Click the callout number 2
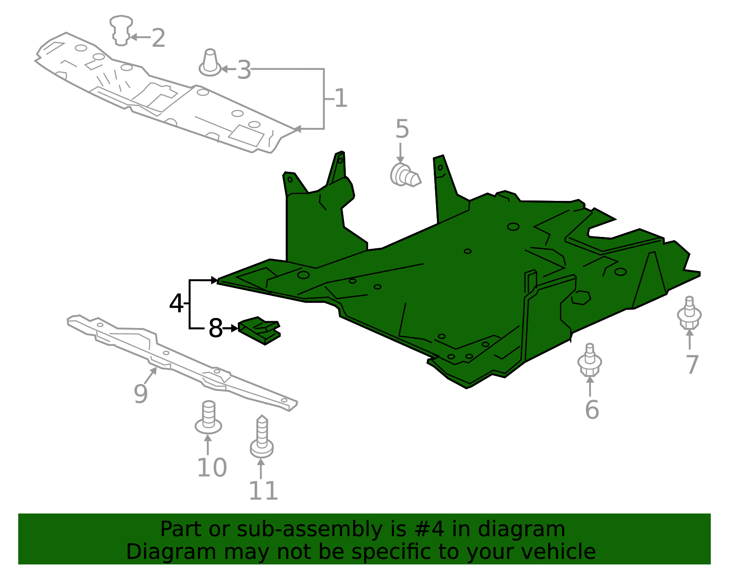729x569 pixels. pos(158,38)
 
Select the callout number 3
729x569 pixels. pos(244,71)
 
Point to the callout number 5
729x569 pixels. pos(402,129)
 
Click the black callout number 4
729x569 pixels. pos(176,303)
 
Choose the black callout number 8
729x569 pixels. pos(215,328)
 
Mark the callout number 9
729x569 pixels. pos(141,394)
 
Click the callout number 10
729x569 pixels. pos(212,468)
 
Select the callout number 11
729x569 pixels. pos(263,491)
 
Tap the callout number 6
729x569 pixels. pos(591,410)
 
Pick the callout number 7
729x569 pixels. pos(692,365)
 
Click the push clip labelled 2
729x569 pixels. pos(121,31)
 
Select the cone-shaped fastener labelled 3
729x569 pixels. pos(210,63)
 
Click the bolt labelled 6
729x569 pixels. pos(590,360)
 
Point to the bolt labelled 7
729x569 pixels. pos(689,313)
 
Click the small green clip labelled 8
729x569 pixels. pos(259,330)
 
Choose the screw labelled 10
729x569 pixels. pos(208,418)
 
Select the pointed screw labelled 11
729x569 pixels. pos(262,437)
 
